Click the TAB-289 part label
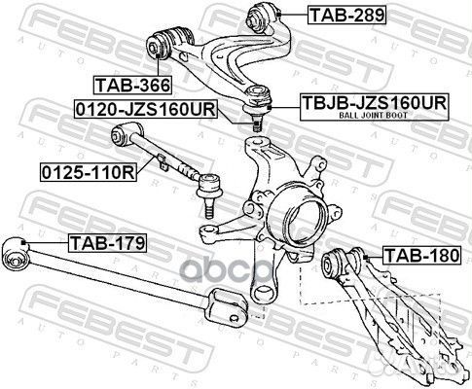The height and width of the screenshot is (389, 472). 333,15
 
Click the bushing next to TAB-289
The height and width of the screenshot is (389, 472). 265,15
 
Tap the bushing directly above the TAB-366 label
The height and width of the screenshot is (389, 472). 163,44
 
